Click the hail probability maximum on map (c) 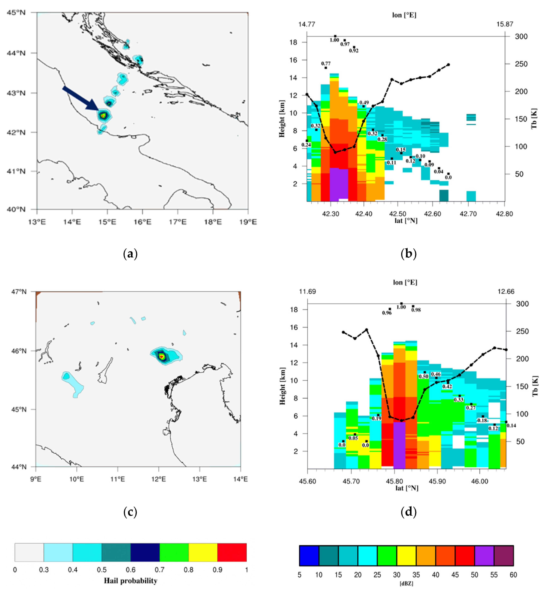tap(161, 356)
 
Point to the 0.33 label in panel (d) tap(458, 400)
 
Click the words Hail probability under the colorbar tap(130, 581)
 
